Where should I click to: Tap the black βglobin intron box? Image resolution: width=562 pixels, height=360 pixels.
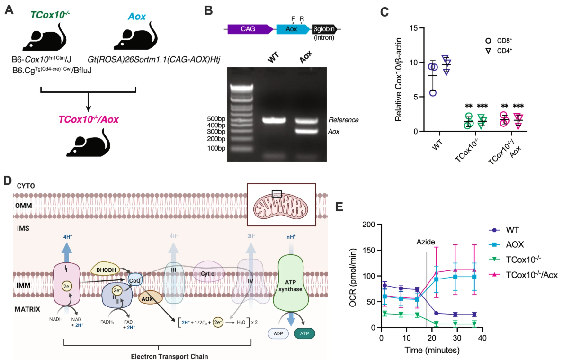click(324, 29)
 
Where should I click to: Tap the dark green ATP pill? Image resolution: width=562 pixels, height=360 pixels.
click(304, 333)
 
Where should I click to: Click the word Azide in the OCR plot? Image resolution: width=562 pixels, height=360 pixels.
click(426, 242)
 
